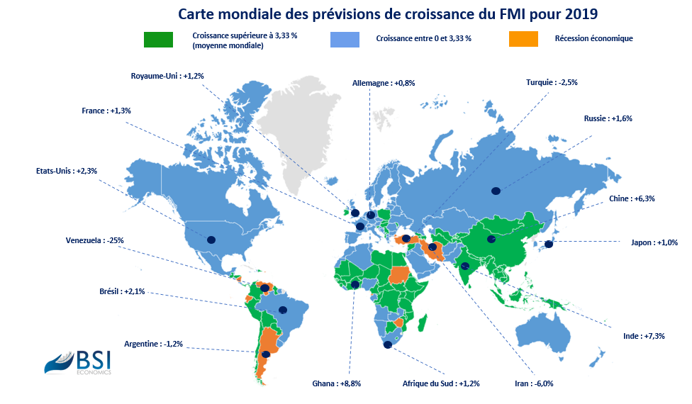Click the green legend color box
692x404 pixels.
pyautogui.click(x=158, y=39)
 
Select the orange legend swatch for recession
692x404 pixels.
pyautogui.click(x=523, y=39)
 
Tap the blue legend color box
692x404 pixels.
pyautogui.click(x=345, y=39)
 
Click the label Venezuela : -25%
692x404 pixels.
pyautogui.click(x=95, y=240)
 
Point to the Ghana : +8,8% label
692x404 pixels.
pyautogui.click(x=336, y=383)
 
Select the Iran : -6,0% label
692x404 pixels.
pyautogui.click(x=534, y=383)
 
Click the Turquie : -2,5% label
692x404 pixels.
pyautogui.click(x=552, y=82)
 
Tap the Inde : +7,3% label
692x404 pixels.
pyautogui.click(x=644, y=336)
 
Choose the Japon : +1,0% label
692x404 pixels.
pyautogui.click(x=654, y=242)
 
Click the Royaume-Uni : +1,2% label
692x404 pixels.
pyautogui.click(x=167, y=76)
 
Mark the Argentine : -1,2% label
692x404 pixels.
pyautogui.click(x=153, y=344)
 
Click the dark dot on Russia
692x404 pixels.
pyautogui.click(x=496, y=191)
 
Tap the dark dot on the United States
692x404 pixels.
pyautogui.click(x=211, y=240)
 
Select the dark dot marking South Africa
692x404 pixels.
pyautogui.click(x=388, y=345)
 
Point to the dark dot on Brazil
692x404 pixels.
pyautogui.click(x=282, y=310)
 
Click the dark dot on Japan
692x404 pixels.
pyautogui.click(x=549, y=244)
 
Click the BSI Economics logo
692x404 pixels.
pyautogui.click(x=78, y=363)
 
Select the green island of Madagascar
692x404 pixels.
pyautogui.click(x=422, y=323)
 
